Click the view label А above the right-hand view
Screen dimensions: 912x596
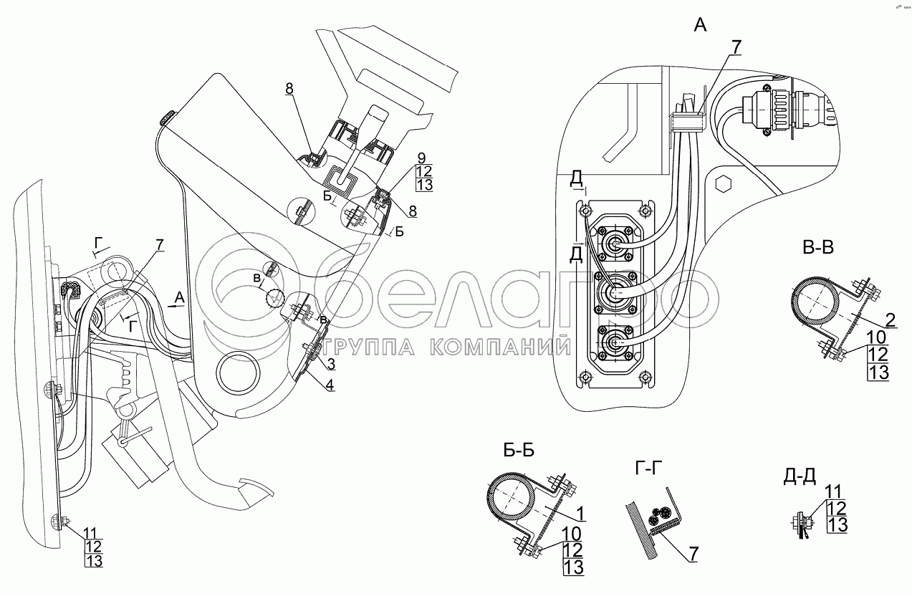(x=700, y=26)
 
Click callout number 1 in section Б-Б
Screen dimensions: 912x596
(x=580, y=514)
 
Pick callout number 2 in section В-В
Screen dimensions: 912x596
(x=889, y=320)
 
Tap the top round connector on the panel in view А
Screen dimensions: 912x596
(x=614, y=244)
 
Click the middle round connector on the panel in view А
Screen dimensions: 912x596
(x=614, y=294)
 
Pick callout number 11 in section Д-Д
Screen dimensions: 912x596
(x=832, y=491)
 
